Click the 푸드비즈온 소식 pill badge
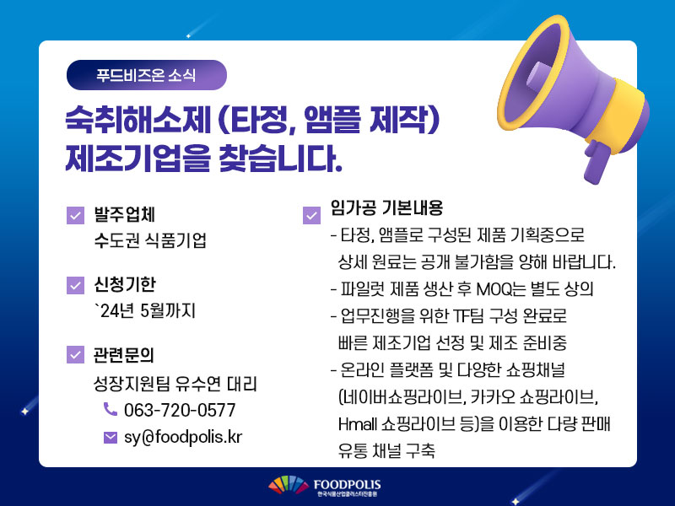pos(146,75)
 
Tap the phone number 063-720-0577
pos(180,410)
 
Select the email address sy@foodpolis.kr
pos(183,437)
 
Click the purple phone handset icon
pos(111,409)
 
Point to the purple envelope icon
pos(111,438)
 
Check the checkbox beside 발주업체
pos(75,216)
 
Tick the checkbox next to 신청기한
pos(75,285)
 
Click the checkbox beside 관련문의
pos(75,354)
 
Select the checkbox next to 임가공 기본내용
pos(311,216)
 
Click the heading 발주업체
pos(124,215)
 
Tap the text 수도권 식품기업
pos(150,240)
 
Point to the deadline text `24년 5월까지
pos(145,310)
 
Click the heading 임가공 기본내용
pos(386,207)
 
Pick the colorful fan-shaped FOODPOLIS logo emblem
pos(289,485)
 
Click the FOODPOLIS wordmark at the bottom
pos(347,484)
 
